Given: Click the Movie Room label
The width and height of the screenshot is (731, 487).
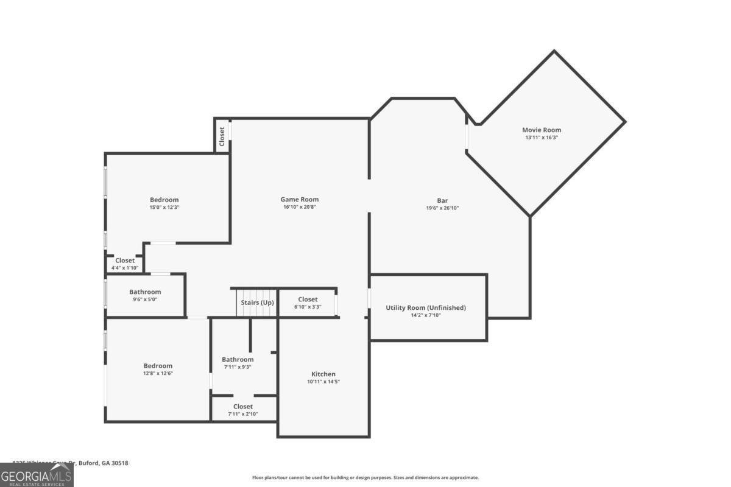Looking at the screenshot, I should tap(541, 130).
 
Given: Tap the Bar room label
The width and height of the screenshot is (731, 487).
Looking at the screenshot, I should tap(442, 200).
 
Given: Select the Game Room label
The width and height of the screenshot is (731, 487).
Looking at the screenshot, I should tap(299, 199).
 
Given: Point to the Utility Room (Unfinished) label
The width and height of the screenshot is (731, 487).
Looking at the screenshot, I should tap(425, 307).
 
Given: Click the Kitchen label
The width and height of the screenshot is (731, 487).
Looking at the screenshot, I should tap(323, 374).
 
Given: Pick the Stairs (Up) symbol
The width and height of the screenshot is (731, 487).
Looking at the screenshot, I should tap(256, 303).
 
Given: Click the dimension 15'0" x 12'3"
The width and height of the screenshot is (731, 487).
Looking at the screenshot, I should tap(164, 208).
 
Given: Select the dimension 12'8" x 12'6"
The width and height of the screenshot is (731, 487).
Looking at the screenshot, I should tap(158, 374).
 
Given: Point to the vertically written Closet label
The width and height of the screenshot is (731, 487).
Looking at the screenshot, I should tap(222, 135).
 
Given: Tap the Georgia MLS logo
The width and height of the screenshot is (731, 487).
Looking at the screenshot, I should tap(37, 475).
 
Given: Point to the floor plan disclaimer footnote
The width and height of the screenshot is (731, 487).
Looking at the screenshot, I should tap(365, 478).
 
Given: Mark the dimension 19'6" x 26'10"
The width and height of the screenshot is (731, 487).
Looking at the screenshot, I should tap(442, 208).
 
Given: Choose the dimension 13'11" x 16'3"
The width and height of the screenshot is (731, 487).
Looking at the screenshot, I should tap(541, 138).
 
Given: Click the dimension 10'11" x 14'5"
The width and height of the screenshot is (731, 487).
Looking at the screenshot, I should tap(323, 382).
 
